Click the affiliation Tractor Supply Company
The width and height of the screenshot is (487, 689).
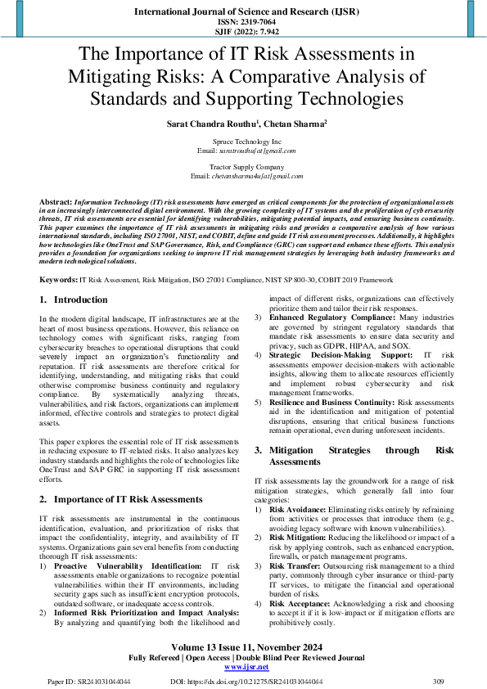coord(243,167)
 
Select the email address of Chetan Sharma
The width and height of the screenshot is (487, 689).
coord(251,175)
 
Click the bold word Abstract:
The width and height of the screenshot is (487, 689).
coord(55,200)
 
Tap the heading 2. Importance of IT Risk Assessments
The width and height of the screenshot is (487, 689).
coord(121,498)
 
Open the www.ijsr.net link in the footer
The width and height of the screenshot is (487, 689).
coord(243,666)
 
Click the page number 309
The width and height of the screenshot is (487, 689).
coord(438,681)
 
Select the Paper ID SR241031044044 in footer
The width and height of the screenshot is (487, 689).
coord(83,681)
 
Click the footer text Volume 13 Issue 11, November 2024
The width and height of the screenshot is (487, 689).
coord(243,645)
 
